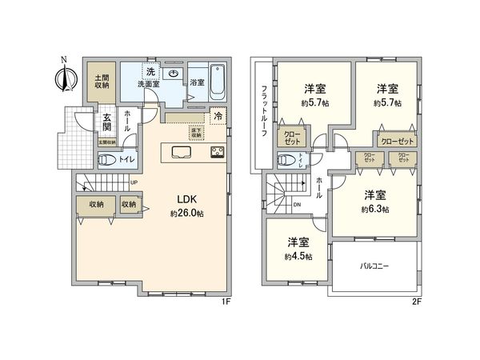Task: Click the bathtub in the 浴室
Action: [218, 83]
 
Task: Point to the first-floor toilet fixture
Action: [104, 158]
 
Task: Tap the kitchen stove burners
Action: [218, 153]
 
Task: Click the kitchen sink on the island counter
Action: [181, 153]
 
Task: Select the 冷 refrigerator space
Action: [218, 117]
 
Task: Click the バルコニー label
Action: [374, 266]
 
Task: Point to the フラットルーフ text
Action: [262, 112]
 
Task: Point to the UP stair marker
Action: [134, 182]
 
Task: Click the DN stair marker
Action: [298, 205]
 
